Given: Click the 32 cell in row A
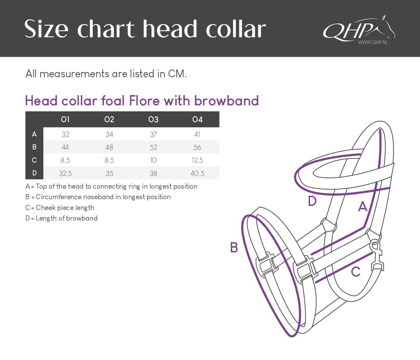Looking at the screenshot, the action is (65, 134).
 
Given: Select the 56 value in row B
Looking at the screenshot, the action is (197, 147).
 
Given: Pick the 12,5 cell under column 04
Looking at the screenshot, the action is (197, 160).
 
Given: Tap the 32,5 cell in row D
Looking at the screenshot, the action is (65, 173).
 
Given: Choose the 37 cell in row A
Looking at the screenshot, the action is (153, 134).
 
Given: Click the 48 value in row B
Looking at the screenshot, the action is (109, 147).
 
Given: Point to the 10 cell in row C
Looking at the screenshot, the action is (153, 160).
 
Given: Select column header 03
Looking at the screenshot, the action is (153, 120).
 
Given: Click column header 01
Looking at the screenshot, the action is (65, 120).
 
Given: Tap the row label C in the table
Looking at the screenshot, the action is (34, 160).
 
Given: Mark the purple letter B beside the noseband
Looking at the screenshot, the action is (234, 247).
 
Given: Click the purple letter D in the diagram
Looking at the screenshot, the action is (312, 201).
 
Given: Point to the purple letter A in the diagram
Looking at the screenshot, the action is (363, 207).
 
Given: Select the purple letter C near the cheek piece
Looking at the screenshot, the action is (356, 272).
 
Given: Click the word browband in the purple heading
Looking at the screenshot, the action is (226, 101).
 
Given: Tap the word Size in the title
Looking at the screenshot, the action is (46, 29).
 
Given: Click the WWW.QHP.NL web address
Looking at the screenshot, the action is (373, 42).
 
